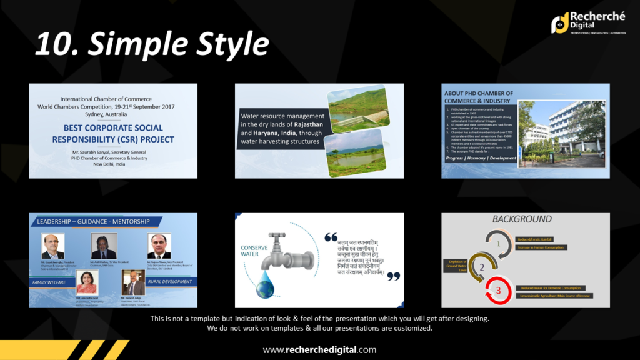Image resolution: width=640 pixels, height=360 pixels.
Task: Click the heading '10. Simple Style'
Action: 152,44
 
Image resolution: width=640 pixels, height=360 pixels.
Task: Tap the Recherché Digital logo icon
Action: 559,22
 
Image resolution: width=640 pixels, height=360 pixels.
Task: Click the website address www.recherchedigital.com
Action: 319,349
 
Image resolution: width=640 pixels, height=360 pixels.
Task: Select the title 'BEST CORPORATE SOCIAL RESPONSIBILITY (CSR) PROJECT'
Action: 114,134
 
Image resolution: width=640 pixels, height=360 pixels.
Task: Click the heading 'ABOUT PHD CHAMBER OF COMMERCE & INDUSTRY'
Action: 478,97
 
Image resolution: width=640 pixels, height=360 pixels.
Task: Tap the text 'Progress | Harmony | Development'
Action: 481,158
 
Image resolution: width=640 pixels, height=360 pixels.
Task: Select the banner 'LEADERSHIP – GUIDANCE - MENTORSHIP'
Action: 94,221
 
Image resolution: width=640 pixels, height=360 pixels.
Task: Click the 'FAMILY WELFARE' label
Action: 50,282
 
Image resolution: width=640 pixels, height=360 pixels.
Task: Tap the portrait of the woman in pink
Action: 87,282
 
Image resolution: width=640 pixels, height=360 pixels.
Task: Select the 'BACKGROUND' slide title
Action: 522,219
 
